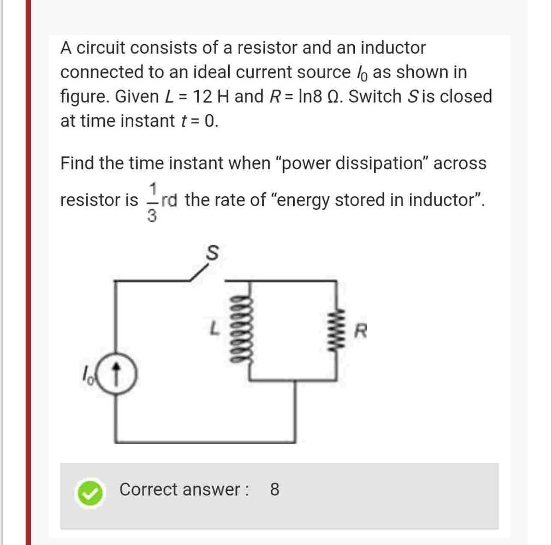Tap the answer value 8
[275, 489]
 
